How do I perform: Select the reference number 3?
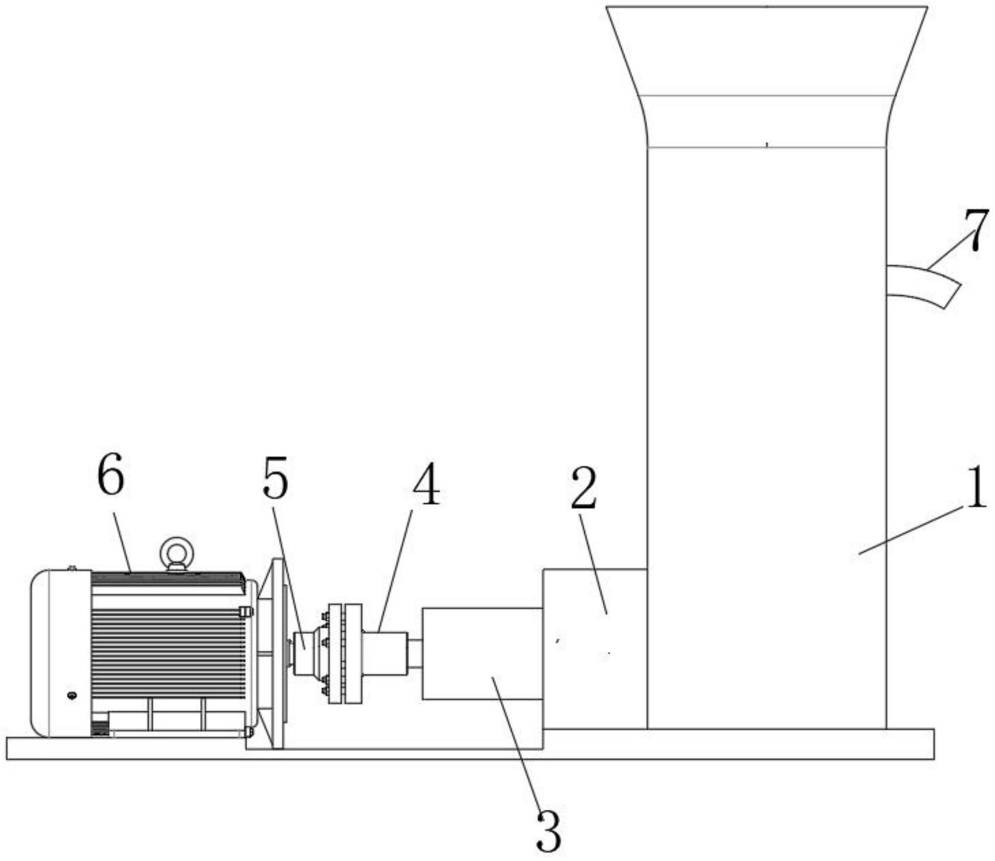click(549, 831)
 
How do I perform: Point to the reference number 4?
click(426, 484)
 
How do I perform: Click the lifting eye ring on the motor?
click(177, 552)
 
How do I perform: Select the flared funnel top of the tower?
click(767, 77)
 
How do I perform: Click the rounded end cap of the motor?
click(60, 653)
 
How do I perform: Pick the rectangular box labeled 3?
click(482, 653)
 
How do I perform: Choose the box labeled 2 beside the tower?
click(595, 649)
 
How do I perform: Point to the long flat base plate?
click(470, 745)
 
